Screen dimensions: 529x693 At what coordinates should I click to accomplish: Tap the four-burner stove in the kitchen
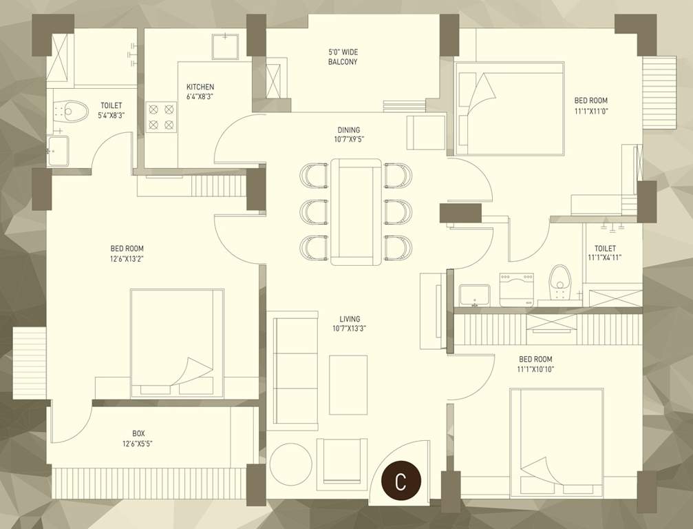161,116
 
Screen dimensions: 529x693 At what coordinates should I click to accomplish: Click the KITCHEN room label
200,87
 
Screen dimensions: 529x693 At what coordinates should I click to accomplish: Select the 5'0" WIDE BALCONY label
342,57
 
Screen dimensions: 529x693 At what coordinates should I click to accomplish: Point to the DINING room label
348,129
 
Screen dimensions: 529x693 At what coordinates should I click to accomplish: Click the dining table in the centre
356,211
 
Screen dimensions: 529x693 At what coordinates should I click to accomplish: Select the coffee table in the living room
348,384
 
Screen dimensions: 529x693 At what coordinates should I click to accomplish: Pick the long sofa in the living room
293,371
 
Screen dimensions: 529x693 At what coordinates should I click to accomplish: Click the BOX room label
138,433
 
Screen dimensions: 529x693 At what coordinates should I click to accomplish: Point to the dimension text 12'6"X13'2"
127,259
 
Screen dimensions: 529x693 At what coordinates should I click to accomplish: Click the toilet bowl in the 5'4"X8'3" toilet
71,110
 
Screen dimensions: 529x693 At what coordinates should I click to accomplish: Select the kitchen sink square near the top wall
225,47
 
